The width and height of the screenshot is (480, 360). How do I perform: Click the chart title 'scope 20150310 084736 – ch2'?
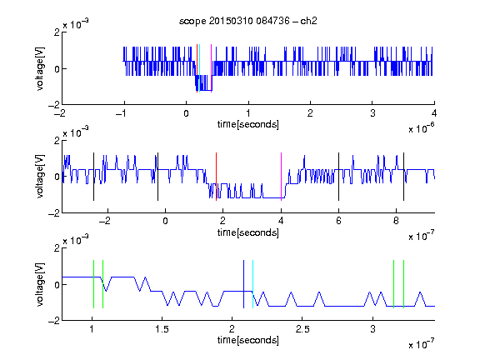tap(248, 21)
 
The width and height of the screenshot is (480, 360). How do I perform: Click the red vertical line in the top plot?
tap(197, 68)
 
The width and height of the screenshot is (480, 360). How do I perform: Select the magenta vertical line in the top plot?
tap(211, 68)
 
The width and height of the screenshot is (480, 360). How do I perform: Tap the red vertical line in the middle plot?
tap(216, 177)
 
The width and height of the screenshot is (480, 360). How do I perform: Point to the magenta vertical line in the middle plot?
tap(281, 177)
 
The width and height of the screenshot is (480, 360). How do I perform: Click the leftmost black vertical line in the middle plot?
tap(93, 177)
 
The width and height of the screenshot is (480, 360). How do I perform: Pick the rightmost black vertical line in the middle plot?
tap(404, 177)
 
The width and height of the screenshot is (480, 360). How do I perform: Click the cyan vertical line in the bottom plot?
tap(252, 284)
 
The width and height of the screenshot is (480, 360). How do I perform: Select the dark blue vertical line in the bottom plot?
tap(243, 284)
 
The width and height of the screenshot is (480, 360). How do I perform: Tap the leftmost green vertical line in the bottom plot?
tap(93, 284)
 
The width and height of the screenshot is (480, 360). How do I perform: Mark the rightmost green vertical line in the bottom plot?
tap(404, 284)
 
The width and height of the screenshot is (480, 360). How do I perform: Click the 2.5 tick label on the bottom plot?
tap(302, 329)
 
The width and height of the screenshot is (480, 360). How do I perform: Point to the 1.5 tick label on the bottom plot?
tap(162, 329)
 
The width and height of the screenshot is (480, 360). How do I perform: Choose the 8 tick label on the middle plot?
tap(396, 221)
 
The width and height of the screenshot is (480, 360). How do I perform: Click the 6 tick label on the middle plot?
tap(338, 221)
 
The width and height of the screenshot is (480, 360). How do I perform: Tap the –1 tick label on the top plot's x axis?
tap(122, 113)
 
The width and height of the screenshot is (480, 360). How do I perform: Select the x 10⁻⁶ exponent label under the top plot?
tap(422, 127)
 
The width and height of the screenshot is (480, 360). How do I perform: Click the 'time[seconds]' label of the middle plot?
tap(248, 232)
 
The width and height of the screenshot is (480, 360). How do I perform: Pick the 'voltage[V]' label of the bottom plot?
tap(40, 284)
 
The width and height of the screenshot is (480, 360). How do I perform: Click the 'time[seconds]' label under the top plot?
tap(248, 125)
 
